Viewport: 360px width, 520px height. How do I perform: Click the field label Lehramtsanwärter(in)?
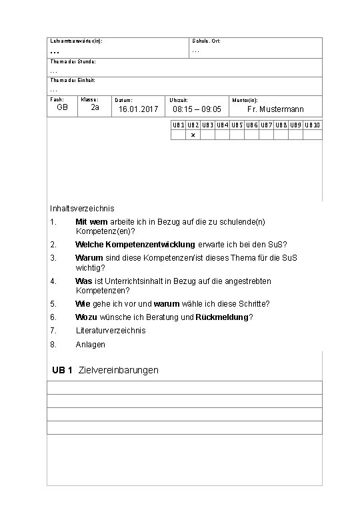tap(75, 41)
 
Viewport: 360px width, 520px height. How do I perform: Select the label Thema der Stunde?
tap(73, 61)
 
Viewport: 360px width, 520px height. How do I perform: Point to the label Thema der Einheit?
tap(72, 80)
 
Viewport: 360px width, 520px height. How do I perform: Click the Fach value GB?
tap(62, 108)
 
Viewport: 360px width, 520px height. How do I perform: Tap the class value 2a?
tap(95, 108)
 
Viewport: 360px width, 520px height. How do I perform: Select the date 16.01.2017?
tap(138, 109)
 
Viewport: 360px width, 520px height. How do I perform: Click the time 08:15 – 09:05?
tap(197, 109)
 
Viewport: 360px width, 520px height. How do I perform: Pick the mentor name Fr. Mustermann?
tap(275, 109)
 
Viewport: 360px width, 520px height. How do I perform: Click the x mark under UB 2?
tap(193, 135)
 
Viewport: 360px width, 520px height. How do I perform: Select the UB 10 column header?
tap(313, 125)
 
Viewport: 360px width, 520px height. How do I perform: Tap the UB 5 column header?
tap(237, 125)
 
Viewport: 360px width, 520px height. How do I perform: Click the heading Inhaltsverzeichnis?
tap(82, 209)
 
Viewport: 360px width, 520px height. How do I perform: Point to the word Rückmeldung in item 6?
tap(222, 317)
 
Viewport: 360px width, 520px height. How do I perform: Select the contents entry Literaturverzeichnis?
tap(111, 331)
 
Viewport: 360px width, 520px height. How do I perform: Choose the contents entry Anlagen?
tap(91, 345)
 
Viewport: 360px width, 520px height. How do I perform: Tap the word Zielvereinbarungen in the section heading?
tap(118, 370)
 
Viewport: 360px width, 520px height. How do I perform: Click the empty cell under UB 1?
tap(178, 135)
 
